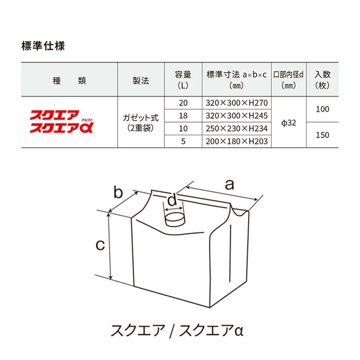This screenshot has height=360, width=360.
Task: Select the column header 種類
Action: coord(69,80)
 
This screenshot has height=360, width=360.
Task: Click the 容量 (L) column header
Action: coord(182,80)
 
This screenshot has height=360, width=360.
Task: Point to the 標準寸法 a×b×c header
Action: coord(236,80)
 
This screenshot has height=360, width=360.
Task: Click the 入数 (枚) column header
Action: coord(322,80)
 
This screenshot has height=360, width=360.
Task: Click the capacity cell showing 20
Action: coord(182,103)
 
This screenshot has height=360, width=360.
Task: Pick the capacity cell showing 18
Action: coord(182,116)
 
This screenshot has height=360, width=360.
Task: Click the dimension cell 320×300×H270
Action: coord(236,103)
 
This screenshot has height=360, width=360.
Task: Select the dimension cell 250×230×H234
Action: coord(236,129)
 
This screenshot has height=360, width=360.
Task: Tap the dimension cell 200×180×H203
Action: coord(236,141)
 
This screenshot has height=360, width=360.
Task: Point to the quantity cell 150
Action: coord(322,135)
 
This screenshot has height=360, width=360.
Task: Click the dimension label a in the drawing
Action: coord(229,184)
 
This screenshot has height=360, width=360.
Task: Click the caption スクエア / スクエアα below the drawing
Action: coord(179,330)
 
